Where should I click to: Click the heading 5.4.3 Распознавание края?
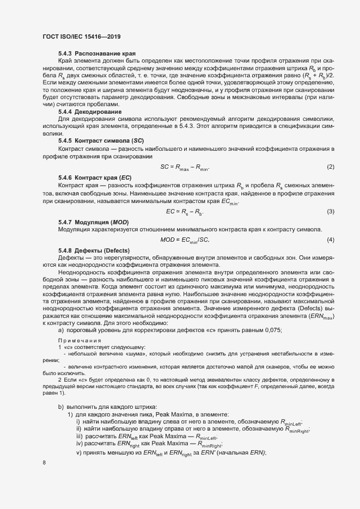(x=97, y=54)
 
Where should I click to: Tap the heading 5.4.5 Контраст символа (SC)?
(x=101, y=140)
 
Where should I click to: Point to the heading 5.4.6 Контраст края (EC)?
(x=94, y=178)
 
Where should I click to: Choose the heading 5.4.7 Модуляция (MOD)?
(x=92, y=223)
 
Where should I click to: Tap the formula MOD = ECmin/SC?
(x=185, y=240)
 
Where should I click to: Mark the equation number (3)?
(x=330, y=211)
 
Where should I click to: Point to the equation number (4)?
(x=330, y=240)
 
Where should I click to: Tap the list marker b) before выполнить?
(x=61, y=407)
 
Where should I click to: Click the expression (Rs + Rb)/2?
(x=316, y=75)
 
